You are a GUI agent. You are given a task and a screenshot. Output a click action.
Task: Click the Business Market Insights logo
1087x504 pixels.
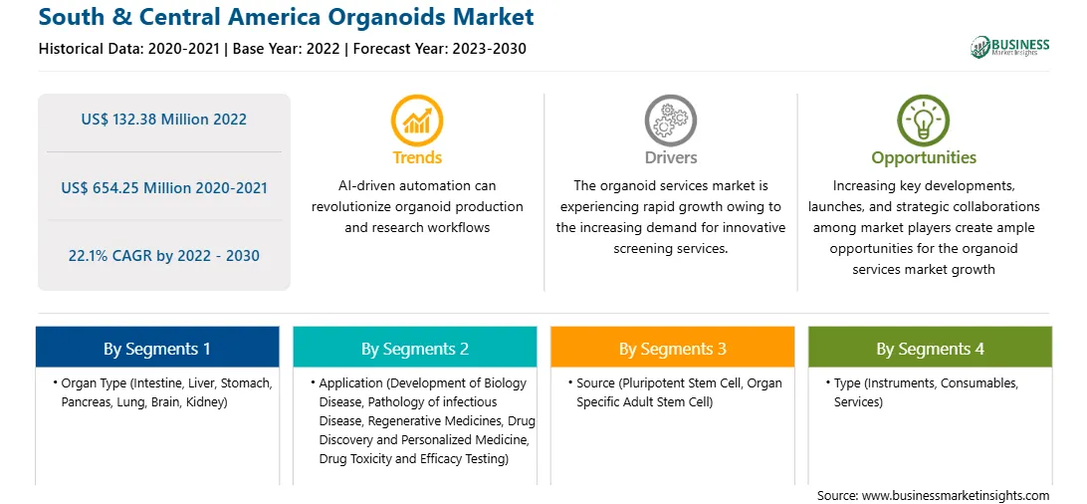tap(1009, 47)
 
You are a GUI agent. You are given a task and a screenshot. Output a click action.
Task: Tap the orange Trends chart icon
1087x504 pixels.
tap(417, 121)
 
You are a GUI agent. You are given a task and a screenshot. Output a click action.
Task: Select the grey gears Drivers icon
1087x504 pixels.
tap(670, 121)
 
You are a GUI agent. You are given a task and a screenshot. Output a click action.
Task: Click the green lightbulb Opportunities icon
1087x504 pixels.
tap(924, 121)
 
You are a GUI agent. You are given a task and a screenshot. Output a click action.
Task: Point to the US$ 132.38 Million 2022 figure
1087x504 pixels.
tap(163, 120)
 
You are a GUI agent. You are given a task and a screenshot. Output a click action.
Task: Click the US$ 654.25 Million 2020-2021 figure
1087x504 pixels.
tap(163, 188)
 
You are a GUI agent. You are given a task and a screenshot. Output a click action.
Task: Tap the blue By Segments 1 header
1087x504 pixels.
tap(157, 348)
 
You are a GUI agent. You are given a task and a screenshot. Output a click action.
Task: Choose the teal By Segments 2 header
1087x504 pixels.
tap(414, 348)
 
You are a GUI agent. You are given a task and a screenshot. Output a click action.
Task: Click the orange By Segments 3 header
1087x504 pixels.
tap(673, 348)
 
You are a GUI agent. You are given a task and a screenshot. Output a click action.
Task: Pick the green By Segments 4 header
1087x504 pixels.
tap(931, 348)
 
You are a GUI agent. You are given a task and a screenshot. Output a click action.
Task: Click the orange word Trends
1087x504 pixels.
tap(417, 158)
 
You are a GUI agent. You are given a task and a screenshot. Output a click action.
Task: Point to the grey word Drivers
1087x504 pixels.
tap(670, 158)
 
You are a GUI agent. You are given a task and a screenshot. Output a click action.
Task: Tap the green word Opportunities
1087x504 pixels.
tap(924, 158)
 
